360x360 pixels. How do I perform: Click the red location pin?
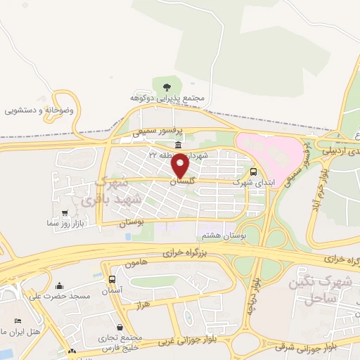point(181,165)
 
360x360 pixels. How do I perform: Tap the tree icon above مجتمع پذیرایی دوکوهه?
point(167,87)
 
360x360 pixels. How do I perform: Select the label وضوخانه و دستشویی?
point(39,110)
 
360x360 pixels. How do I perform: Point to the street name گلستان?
point(182,181)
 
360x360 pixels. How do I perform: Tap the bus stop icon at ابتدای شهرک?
point(253,171)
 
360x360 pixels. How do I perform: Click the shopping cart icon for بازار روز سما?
point(65,212)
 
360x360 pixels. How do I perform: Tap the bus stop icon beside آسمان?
point(112,279)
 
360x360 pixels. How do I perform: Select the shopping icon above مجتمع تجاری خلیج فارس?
point(120,327)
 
